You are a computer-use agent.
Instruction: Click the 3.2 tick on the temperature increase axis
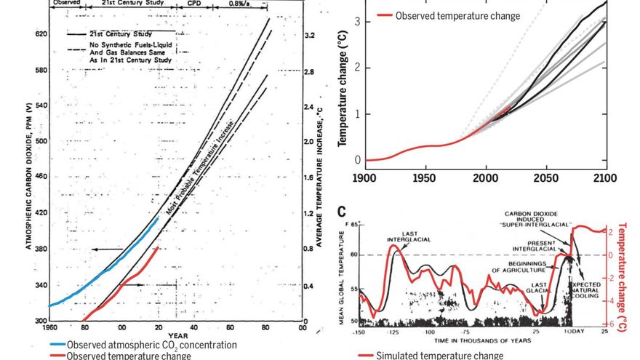(309, 34)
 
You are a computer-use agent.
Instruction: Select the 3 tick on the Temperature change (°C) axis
(357, 22)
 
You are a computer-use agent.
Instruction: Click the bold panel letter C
(343, 212)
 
